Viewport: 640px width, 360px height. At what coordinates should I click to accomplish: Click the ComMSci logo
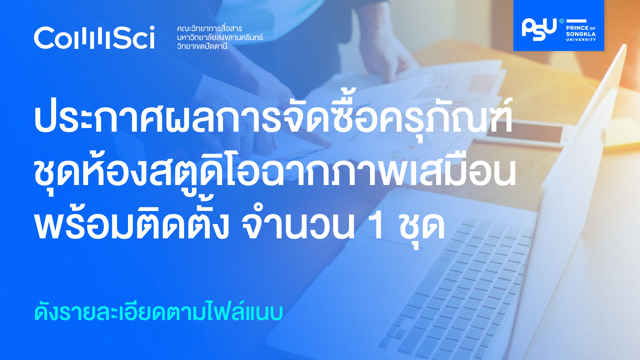click(x=94, y=38)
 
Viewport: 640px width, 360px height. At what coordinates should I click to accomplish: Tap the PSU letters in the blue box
click(x=539, y=29)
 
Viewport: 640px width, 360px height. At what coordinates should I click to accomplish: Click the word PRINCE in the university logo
click(x=578, y=28)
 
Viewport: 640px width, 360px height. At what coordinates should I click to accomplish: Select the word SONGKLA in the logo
click(x=581, y=34)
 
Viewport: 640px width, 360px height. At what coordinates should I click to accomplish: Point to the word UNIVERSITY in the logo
click(x=581, y=40)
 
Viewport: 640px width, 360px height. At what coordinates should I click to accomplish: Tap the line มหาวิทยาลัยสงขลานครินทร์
click(x=220, y=37)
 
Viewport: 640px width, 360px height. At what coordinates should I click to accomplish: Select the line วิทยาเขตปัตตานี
click(x=202, y=46)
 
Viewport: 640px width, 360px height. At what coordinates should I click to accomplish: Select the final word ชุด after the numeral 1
click(x=422, y=227)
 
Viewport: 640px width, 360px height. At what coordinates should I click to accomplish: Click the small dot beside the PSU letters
click(x=562, y=21)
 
